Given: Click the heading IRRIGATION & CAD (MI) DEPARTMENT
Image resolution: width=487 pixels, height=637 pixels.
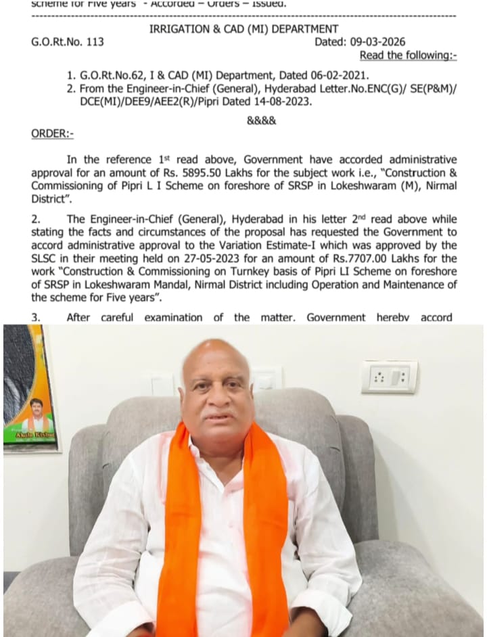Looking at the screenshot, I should point(243,28).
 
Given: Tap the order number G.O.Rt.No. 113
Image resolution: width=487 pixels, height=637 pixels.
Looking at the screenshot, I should point(68,42).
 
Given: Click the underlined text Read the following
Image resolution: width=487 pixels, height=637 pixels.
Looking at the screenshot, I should point(407,55).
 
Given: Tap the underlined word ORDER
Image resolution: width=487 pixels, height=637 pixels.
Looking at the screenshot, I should point(52,134).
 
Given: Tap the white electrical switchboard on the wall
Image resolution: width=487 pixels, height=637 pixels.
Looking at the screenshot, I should point(389,376).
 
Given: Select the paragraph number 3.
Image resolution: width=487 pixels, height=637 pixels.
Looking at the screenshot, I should point(36,317).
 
